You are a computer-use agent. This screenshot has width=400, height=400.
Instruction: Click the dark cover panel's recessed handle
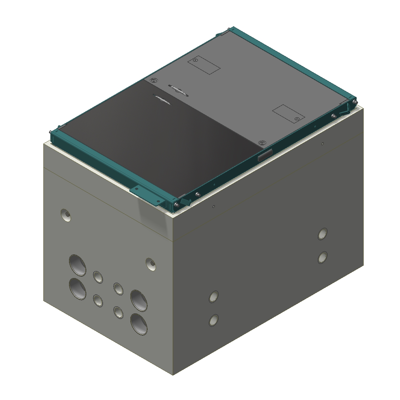pyautogui.click(x=163, y=99)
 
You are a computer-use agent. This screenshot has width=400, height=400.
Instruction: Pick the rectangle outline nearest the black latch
pyautogui.click(x=288, y=113)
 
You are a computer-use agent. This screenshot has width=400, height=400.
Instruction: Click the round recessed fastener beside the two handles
pyautogui.click(x=153, y=81)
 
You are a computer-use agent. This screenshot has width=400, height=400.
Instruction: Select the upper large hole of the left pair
pyautogui.click(x=77, y=265)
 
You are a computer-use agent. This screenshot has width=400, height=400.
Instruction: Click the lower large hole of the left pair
pyautogui.click(x=77, y=288)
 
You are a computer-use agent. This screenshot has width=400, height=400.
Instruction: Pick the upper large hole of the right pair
pyautogui.click(x=139, y=300)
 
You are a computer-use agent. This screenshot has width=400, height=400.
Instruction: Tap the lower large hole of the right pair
pyautogui.click(x=139, y=324)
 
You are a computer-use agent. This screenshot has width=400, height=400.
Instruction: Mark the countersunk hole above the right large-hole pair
pyautogui.click(x=151, y=264)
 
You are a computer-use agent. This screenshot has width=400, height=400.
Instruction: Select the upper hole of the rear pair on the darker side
pyautogui.click(x=322, y=234)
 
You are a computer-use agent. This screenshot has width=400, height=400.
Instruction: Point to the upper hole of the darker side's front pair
pyautogui.click(x=213, y=296)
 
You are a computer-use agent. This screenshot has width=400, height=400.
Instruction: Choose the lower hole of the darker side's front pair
pyautogui.click(x=213, y=320)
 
